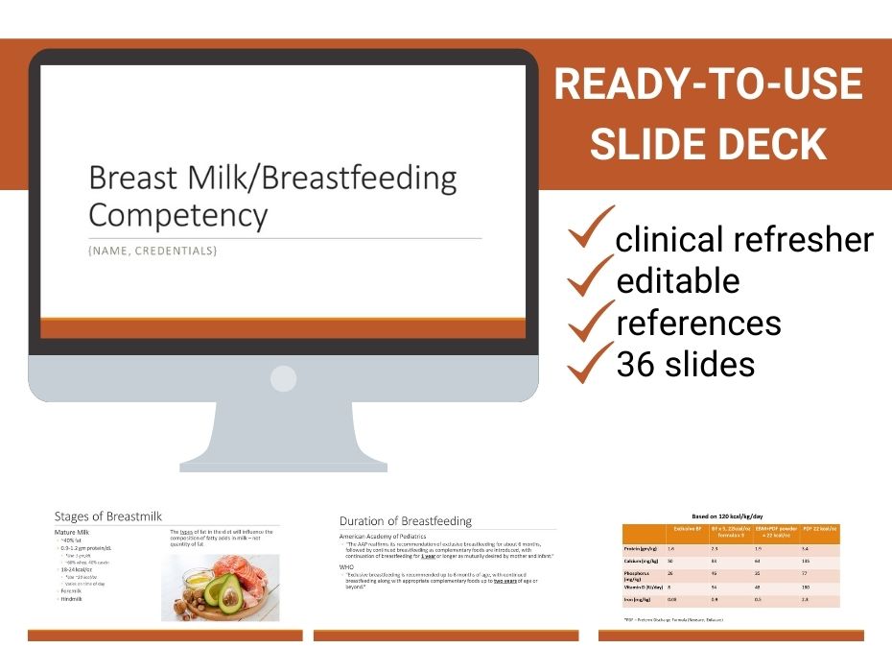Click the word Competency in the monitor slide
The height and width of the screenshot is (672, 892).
177,214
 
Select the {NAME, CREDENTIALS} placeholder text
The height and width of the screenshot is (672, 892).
153,251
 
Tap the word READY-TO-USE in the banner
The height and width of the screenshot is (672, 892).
709,85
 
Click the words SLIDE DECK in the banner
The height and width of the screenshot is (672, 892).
709,143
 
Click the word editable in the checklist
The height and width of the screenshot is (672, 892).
677,280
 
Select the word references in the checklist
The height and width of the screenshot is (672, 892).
698,323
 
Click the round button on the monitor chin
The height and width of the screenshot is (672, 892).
283,378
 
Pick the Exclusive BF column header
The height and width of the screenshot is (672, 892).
687,529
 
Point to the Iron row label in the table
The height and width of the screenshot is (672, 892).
639,600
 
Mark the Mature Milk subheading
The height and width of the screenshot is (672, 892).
74,530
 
